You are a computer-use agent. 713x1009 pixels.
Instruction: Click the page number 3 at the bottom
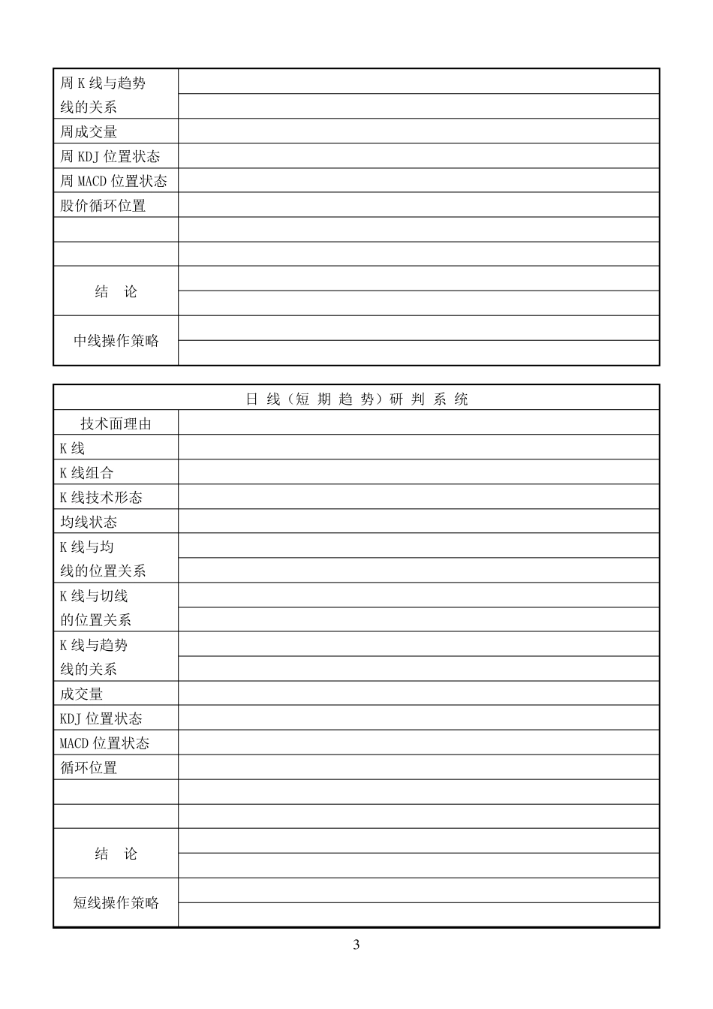click(356, 944)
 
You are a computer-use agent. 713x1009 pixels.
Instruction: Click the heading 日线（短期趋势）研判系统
click(356, 399)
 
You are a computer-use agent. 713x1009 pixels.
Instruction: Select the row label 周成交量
click(89, 131)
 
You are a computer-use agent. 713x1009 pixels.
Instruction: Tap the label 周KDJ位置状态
click(110, 156)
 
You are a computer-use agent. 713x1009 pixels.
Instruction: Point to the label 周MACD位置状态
click(113, 181)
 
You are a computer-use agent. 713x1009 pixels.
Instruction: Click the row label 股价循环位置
click(103, 205)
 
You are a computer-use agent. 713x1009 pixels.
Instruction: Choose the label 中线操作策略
click(116, 341)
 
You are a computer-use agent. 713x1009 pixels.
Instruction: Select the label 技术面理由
click(116, 423)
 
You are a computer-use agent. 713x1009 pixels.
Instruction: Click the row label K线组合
click(86, 473)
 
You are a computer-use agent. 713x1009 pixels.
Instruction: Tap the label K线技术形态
click(101, 497)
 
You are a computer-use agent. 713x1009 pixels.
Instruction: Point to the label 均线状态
click(89, 522)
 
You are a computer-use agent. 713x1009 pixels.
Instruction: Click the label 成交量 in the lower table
click(81, 694)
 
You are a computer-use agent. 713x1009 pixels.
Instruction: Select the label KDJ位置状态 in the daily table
click(101, 718)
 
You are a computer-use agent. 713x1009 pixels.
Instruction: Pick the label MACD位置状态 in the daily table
click(104, 743)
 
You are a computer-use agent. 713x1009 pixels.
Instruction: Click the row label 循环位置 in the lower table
click(89, 767)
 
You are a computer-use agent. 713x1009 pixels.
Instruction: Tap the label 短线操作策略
click(116, 902)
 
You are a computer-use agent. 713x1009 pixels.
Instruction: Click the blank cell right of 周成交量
click(418, 131)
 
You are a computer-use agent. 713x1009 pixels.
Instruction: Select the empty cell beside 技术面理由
click(418, 423)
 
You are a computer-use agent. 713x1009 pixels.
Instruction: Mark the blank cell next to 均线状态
click(418, 521)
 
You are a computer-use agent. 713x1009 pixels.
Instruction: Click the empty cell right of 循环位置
click(418, 767)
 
